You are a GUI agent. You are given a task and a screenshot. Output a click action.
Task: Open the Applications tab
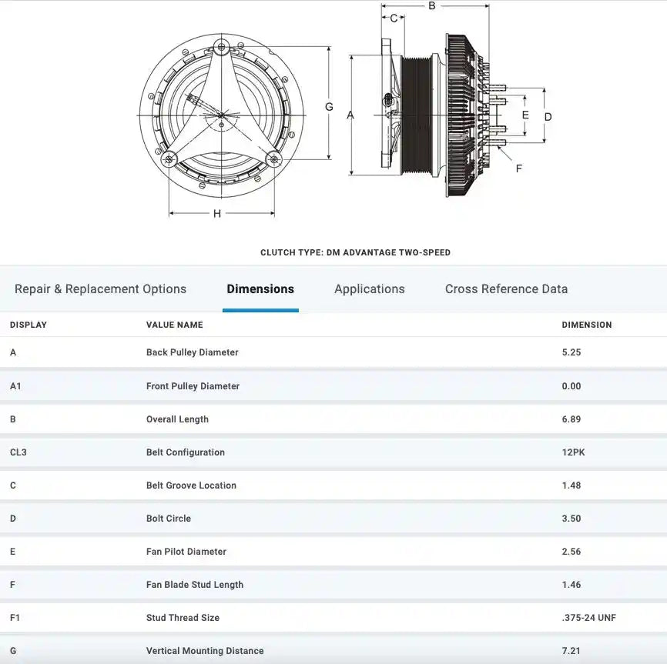(369, 289)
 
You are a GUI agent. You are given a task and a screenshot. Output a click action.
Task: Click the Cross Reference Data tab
(506, 289)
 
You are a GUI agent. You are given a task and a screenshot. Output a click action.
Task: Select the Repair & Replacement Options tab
(100, 289)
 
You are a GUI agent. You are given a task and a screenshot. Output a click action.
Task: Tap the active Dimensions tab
(260, 289)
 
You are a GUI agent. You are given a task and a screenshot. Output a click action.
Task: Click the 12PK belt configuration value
(573, 452)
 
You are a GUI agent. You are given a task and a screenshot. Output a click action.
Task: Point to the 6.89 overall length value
(571, 419)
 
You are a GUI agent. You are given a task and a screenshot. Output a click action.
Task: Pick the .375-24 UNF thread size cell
(588, 618)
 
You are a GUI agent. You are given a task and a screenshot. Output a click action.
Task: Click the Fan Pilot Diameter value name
(186, 552)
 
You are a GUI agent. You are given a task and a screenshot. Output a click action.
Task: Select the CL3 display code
(18, 452)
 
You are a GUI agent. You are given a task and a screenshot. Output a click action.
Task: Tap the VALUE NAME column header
(175, 325)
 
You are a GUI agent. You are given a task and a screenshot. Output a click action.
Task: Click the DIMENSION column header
(587, 325)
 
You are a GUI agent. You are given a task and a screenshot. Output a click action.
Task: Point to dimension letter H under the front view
(217, 214)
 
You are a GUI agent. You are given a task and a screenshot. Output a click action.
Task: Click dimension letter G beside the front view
(329, 107)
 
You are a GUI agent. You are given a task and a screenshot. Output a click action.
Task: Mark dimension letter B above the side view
(432, 6)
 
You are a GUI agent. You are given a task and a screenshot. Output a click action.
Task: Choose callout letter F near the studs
(518, 168)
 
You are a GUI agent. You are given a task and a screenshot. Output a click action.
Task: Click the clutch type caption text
(355, 252)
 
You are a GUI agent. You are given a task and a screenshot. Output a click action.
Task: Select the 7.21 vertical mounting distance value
(571, 651)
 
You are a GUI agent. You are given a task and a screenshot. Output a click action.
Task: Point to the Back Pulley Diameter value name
(193, 352)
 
